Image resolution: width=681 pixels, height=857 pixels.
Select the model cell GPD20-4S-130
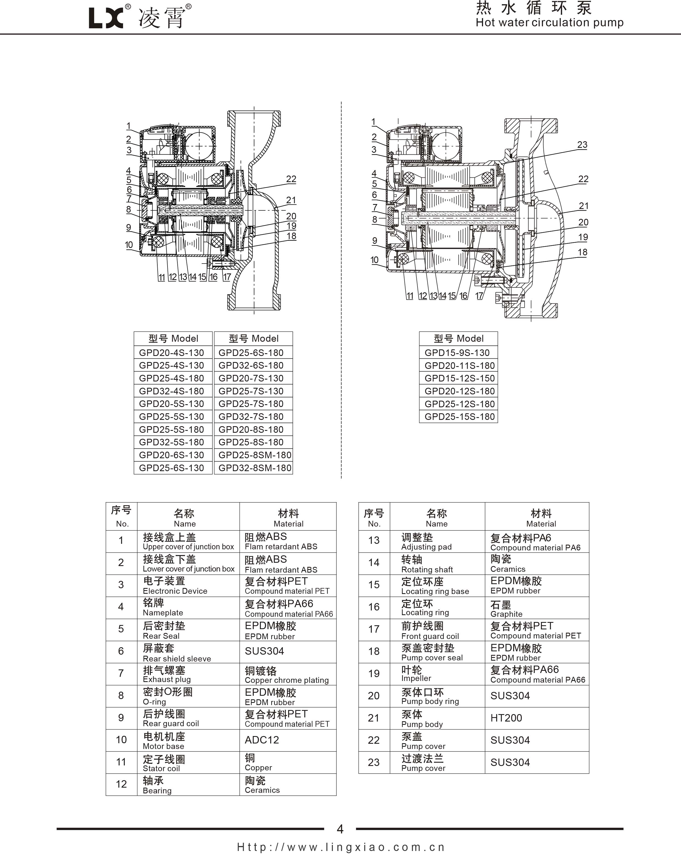tap(171, 353)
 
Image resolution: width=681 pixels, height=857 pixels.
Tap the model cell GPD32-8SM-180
tap(255, 468)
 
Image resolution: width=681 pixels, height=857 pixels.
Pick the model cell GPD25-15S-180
tap(459, 417)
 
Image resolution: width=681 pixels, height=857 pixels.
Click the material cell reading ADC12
tap(262, 740)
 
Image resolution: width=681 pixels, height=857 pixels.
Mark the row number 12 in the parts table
tap(121, 784)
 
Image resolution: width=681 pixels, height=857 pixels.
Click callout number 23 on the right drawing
tap(582, 145)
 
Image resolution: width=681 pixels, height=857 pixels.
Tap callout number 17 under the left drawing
tap(227, 277)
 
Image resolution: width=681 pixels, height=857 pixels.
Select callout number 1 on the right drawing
tap(373, 122)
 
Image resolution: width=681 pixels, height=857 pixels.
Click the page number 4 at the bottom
tap(340, 829)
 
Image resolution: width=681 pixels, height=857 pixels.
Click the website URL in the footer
tap(340, 847)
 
